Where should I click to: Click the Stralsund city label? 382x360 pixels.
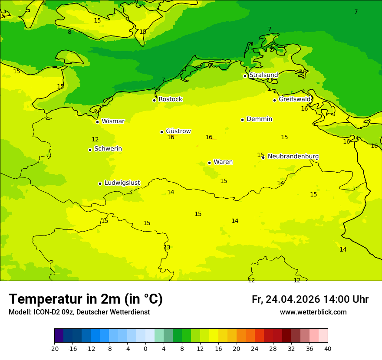(x=263, y=75)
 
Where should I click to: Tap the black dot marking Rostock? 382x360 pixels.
(x=154, y=100)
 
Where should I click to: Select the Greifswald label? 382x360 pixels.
(x=295, y=99)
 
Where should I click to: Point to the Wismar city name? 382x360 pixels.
(x=113, y=121)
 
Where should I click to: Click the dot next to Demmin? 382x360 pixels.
(x=242, y=120)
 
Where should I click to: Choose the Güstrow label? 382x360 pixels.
(x=178, y=131)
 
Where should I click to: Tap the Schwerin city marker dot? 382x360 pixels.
(x=90, y=150)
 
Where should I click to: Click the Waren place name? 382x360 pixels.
(x=223, y=162)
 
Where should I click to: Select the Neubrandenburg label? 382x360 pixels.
(x=293, y=157)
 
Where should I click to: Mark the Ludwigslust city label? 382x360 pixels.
(x=122, y=183)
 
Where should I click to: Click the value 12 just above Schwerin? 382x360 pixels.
(x=95, y=140)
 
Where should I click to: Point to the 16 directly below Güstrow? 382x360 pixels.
(x=171, y=137)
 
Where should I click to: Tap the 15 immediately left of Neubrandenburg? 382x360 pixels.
(x=260, y=155)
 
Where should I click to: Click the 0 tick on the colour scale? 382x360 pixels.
(x=145, y=348)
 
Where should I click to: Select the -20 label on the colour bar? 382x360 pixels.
(x=54, y=348)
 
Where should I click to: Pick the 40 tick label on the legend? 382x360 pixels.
(x=327, y=348)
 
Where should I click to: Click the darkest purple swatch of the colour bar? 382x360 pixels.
(x=59, y=336)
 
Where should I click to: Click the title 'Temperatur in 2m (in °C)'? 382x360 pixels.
(x=86, y=299)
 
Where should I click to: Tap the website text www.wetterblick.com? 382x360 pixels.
(x=313, y=312)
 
